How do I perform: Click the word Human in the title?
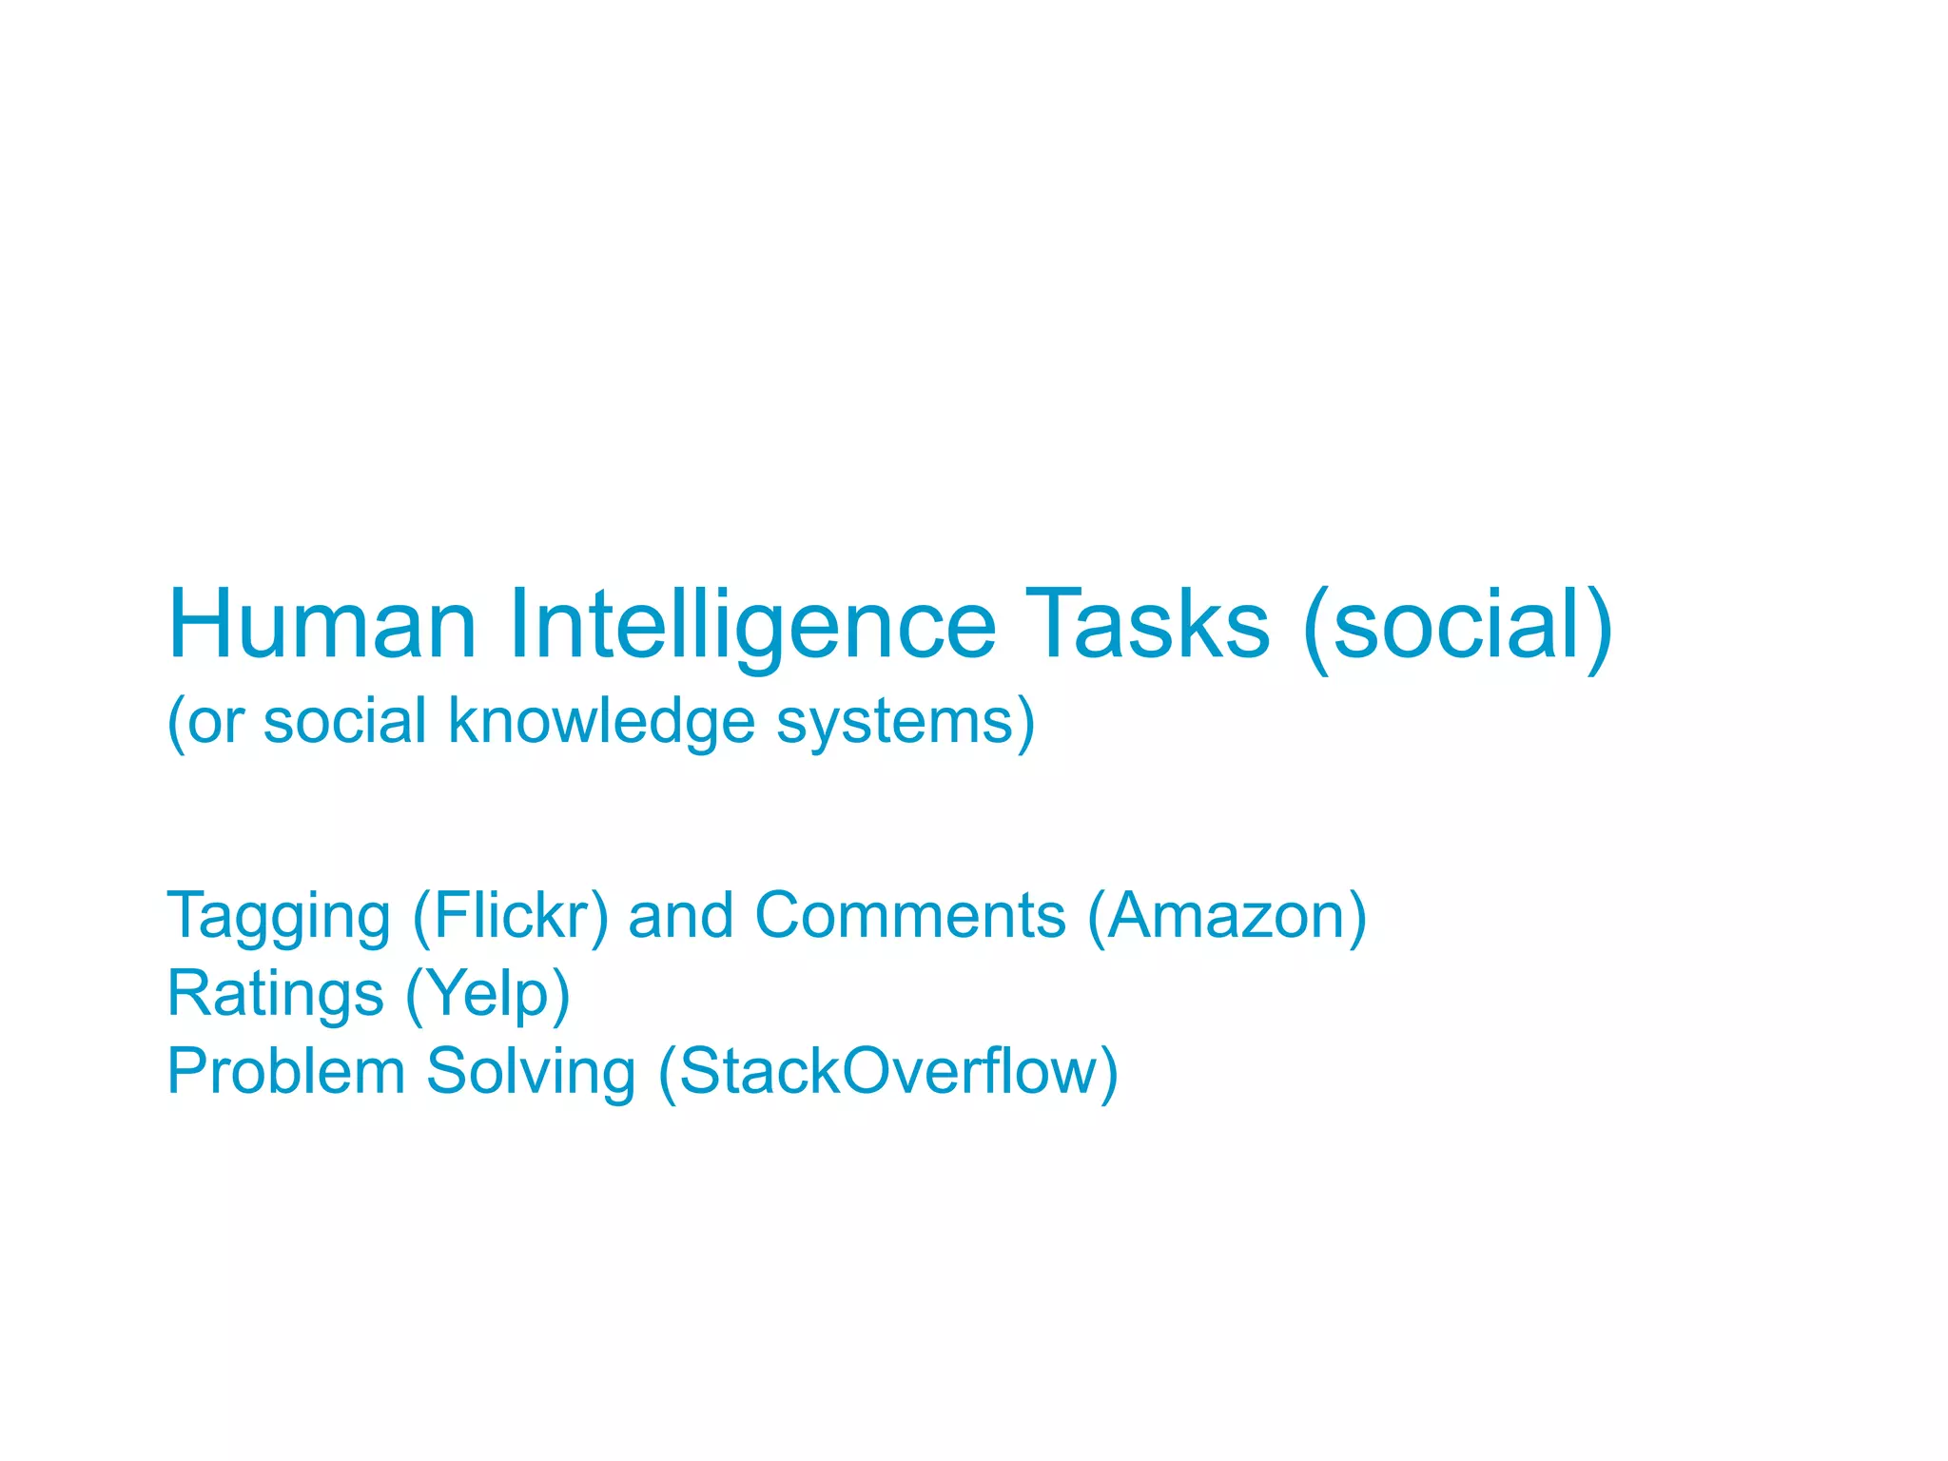(321, 625)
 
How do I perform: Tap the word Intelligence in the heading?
(751, 625)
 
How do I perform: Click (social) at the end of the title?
(1457, 625)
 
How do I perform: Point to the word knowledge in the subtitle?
(601, 721)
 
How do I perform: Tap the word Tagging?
(279, 916)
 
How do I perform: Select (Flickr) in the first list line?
(510, 916)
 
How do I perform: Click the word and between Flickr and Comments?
(681, 916)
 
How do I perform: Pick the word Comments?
(910, 916)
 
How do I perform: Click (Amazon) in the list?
(1227, 916)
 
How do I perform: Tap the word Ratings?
(275, 994)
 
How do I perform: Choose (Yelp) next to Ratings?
(488, 994)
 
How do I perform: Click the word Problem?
(285, 1072)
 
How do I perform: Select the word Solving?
(530, 1072)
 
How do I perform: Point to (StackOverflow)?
(887, 1072)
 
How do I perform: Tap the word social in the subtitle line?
(344, 721)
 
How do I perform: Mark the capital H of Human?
(201, 625)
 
